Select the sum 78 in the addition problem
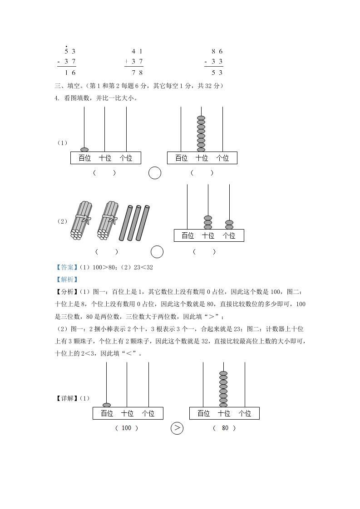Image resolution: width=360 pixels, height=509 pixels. pos(137,72)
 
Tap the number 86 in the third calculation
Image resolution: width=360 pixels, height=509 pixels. pos(217,51)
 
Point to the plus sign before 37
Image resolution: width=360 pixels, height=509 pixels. pos(126,62)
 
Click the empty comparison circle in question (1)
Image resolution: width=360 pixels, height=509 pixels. pos(155,173)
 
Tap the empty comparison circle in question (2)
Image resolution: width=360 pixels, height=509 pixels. pos(157,251)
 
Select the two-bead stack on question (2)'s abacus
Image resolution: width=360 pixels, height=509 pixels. pos(229,225)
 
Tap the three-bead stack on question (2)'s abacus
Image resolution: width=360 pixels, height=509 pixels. pos(208,222)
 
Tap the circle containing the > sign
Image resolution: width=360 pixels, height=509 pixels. pos(177,428)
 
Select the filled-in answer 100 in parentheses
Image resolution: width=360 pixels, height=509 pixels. pos(127,428)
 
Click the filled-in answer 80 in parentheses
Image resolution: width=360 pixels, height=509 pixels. pos(225,428)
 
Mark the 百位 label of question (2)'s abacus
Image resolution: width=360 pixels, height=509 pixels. pos(187,235)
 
